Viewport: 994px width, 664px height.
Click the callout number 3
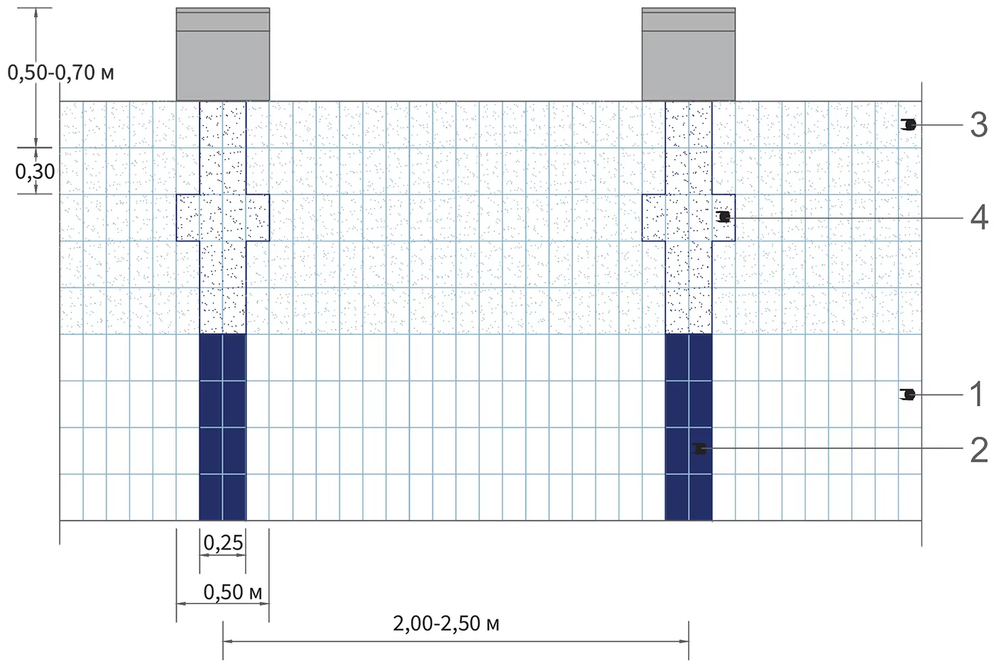point(978,125)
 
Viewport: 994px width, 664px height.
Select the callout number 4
point(979,217)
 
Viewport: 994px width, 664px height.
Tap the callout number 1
point(977,394)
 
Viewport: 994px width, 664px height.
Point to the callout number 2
point(979,450)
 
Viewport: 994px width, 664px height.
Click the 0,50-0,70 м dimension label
point(61,72)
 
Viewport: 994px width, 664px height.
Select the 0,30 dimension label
point(35,172)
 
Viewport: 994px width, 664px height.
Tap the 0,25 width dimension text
point(223,543)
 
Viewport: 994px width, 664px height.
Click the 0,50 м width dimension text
point(233,592)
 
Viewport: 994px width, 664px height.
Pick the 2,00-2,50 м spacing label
point(446,624)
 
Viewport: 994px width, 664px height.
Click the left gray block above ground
point(223,54)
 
